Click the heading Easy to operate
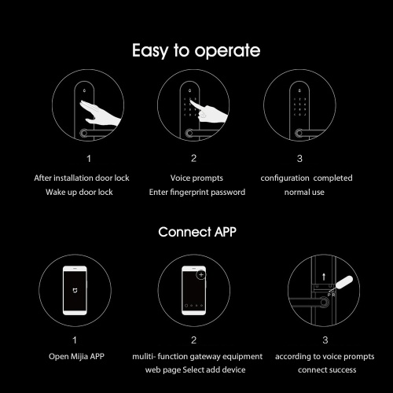(196, 50)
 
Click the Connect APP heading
(197, 232)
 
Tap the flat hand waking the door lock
(101, 113)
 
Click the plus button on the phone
(201, 274)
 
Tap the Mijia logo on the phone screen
(75, 290)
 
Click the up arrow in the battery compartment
(324, 277)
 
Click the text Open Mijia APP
(76, 356)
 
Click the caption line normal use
(304, 193)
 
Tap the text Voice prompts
(196, 178)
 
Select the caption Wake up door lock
(79, 192)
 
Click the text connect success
(327, 370)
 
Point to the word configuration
(285, 178)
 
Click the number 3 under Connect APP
(325, 340)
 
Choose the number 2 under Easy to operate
(193, 158)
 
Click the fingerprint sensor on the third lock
(299, 133)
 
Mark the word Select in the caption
(193, 370)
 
